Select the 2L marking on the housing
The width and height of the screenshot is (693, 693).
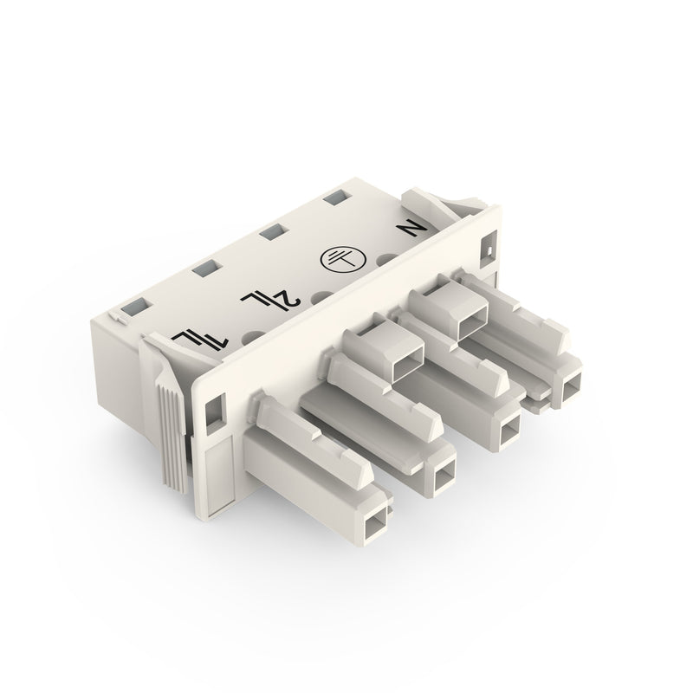tap(271, 299)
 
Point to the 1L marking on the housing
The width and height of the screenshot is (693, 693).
tap(201, 339)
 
